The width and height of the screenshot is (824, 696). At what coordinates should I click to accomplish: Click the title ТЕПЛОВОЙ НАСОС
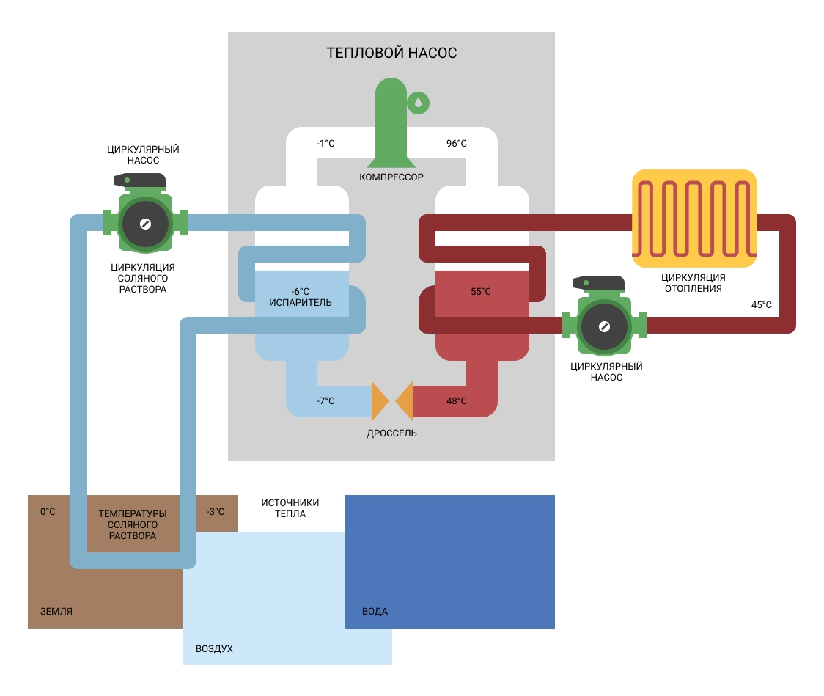pyautogui.click(x=391, y=54)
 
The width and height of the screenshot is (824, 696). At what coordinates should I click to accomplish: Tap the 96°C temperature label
pyautogui.click(x=456, y=143)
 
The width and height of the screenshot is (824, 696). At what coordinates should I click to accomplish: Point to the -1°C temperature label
pyautogui.click(x=325, y=143)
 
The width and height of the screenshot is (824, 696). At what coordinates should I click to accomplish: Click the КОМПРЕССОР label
pyautogui.click(x=391, y=177)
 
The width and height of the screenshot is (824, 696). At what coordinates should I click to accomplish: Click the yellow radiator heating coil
pyautogui.click(x=694, y=218)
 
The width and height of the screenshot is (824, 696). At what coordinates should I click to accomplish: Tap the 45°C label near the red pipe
pyautogui.click(x=762, y=304)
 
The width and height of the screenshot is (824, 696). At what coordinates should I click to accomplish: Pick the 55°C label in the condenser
pyautogui.click(x=481, y=291)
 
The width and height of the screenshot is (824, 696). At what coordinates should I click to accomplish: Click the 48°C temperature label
pyautogui.click(x=456, y=401)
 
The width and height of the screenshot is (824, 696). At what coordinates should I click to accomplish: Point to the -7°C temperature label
pyautogui.click(x=325, y=401)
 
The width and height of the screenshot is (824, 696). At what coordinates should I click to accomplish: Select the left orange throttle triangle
pyautogui.click(x=379, y=400)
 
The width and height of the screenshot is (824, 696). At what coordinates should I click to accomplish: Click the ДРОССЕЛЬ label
pyautogui.click(x=391, y=433)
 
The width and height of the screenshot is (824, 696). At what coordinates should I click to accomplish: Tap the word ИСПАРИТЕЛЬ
pyautogui.click(x=301, y=302)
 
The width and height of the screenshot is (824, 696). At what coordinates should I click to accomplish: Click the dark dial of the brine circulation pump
pyautogui.click(x=145, y=223)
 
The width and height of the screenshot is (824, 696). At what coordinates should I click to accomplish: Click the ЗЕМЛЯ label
pyautogui.click(x=56, y=611)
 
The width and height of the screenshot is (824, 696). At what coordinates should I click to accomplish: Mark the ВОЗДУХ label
pyautogui.click(x=214, y=649)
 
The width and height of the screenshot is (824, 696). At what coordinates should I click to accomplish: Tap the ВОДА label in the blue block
pyautogui.click(x=375, y=611)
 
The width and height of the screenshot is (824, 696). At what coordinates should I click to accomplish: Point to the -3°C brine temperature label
pyautogui.click(x=216, y=511)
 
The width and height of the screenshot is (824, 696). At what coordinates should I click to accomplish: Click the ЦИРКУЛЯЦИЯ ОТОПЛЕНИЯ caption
pyautogui.click(x=693, y=283)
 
